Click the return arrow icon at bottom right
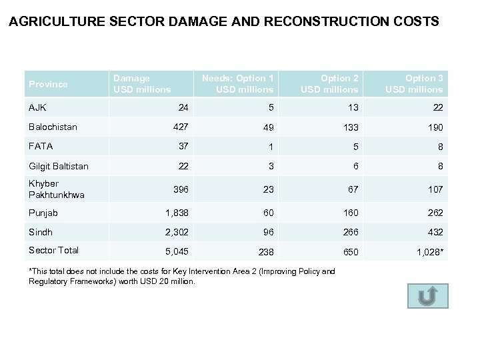click(427, 296)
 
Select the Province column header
click(48, 84)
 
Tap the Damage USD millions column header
click(142, 84)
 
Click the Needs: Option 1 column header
click(237, 84)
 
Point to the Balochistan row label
click(53, 127)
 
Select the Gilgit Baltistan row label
click(59, 166)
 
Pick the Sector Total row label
click(53, 250)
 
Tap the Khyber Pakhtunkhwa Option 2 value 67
click(353, 190)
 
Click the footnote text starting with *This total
click(181, 276)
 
